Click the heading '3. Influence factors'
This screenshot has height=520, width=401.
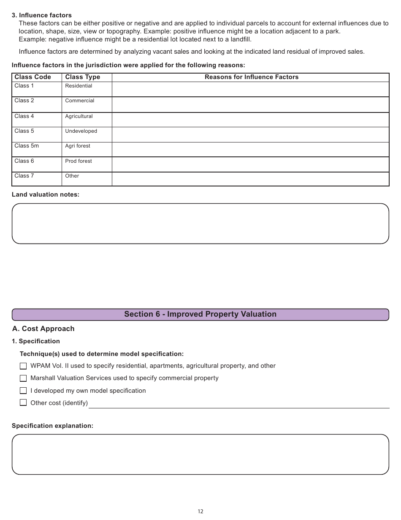coord(42,15)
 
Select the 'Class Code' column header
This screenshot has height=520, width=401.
coord(33,77)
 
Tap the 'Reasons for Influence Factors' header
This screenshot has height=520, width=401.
coord(251,77)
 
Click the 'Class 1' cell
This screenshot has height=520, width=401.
coord(24,86)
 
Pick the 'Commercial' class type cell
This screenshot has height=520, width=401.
coord(80,101)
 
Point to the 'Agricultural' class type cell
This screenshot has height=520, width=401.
coord(79,116)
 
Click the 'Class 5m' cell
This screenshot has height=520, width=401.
coord(27,146)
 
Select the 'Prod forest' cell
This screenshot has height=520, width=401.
coord(79,161)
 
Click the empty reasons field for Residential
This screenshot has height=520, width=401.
coord(250,89)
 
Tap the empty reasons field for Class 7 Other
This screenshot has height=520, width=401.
coord(250,179)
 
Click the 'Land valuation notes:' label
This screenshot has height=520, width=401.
coord(46,194)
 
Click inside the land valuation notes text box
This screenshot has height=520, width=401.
coord(200,224)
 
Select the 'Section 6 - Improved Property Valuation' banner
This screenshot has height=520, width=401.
coord(200,314)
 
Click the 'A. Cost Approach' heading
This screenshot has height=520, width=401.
coord(43,328)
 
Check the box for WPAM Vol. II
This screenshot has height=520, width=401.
coord(23,366)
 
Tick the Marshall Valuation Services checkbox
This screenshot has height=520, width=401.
coord(23,378)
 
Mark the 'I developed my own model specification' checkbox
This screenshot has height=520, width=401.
coord(23,391)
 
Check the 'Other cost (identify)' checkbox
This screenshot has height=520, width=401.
coord(23,403)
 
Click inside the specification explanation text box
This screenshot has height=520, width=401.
coord(200,454)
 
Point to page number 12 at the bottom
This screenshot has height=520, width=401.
coord(200,511)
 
